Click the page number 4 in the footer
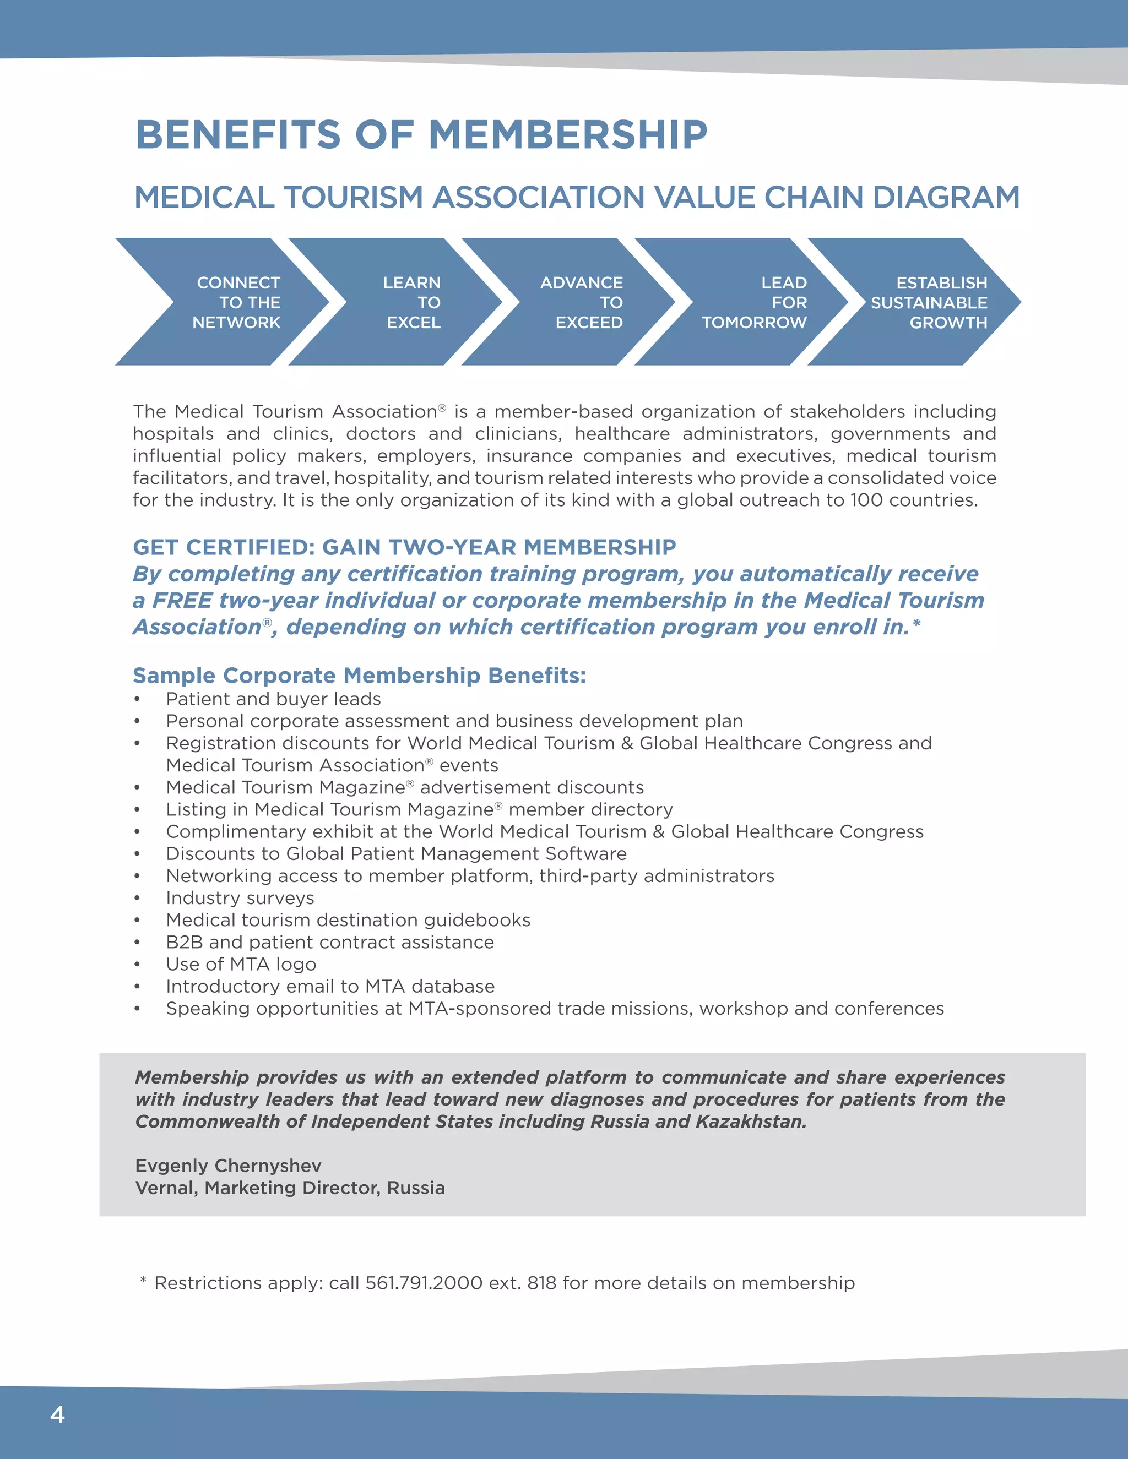(x=57, y=1414)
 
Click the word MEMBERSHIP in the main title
(x=567, y=134)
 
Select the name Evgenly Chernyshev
(x=228, y=1165)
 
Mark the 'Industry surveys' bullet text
(x=240, y=897)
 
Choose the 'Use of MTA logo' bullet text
(x=241, y=963)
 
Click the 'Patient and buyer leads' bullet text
(x=273, y=699)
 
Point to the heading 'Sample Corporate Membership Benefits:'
(x=359, y=675)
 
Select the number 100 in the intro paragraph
(x=866, y=500)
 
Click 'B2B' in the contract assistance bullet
(x=184, y=941)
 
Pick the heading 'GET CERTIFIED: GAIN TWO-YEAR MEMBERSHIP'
(x=404, y=547)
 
